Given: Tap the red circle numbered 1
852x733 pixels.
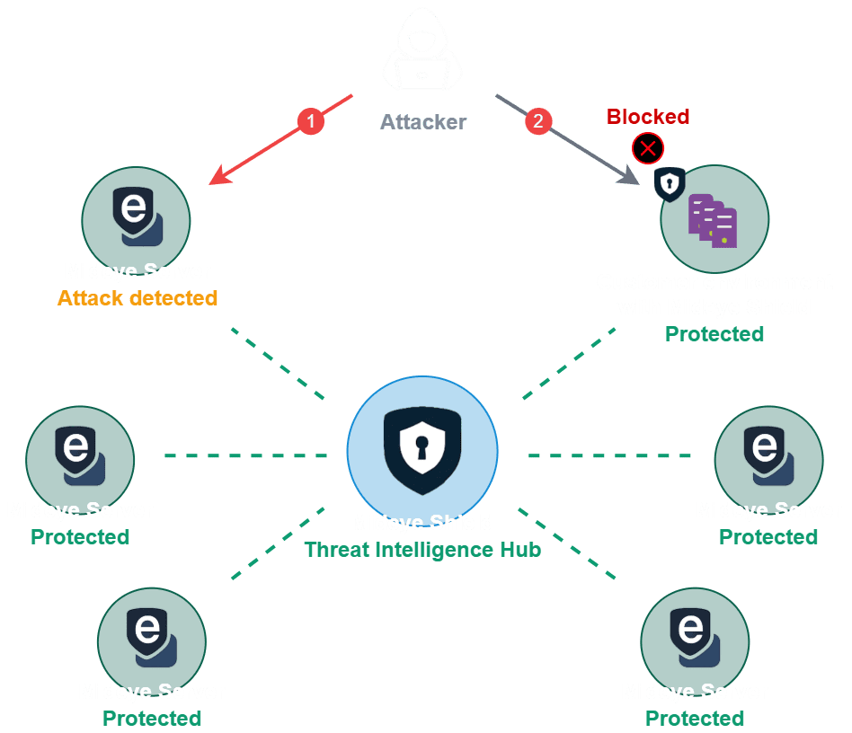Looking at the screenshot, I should (x=310, y=120).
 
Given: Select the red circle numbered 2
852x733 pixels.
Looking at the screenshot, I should (x=537, y=121).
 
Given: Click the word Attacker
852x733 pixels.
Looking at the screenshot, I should (x=422, y=121).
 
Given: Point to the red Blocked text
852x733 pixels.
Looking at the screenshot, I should (x=648, y=117).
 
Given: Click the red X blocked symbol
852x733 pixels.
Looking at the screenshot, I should (x=648, y=148).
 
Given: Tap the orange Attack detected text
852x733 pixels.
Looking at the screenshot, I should (x=138, y=298).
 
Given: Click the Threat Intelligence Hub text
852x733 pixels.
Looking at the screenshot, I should (x=422, y=549).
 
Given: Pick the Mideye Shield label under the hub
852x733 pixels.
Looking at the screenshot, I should (x=422, y=523).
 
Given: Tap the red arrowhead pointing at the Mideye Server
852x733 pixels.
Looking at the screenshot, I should (x=217, y=179).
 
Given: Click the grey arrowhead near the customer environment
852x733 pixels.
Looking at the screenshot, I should (x=632, y=179).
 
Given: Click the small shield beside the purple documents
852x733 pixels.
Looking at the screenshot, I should (x=669, y=183).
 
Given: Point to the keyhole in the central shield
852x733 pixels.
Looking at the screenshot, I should (x=421, y=440).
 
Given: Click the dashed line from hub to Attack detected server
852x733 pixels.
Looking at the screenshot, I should (x=279, y=364).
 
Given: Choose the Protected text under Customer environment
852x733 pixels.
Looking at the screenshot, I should (x=714, y=334).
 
